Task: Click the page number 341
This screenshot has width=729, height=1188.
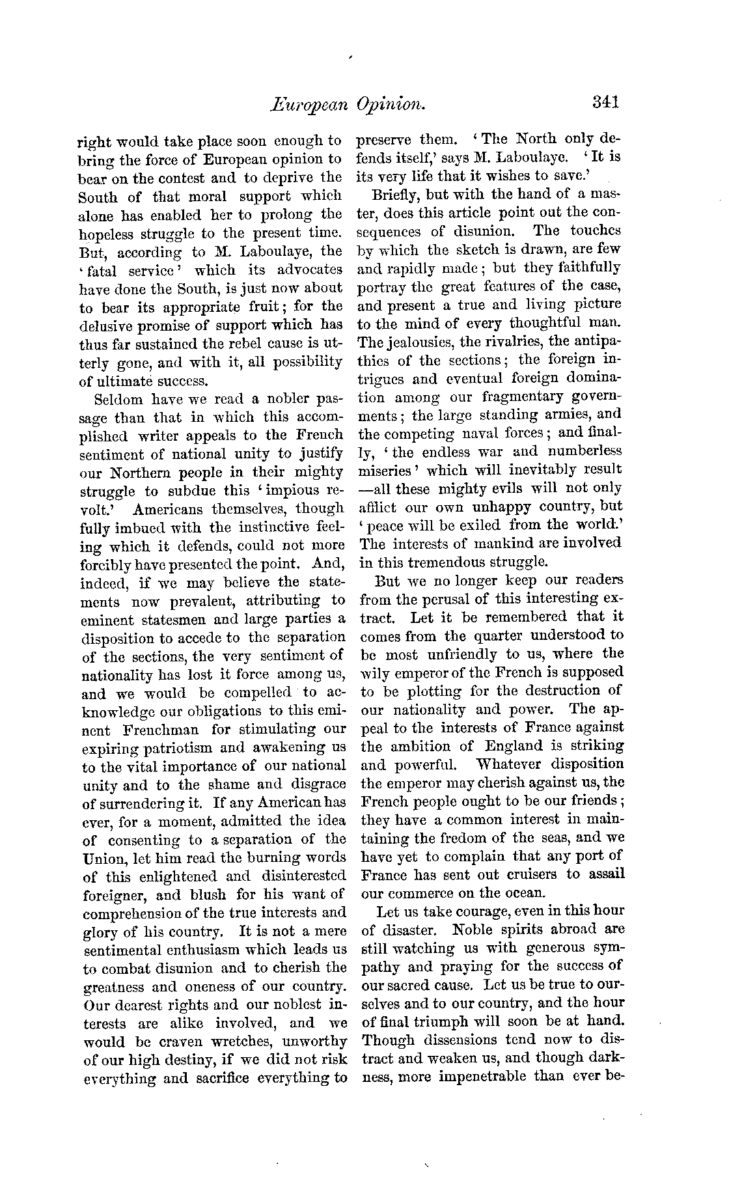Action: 605,102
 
